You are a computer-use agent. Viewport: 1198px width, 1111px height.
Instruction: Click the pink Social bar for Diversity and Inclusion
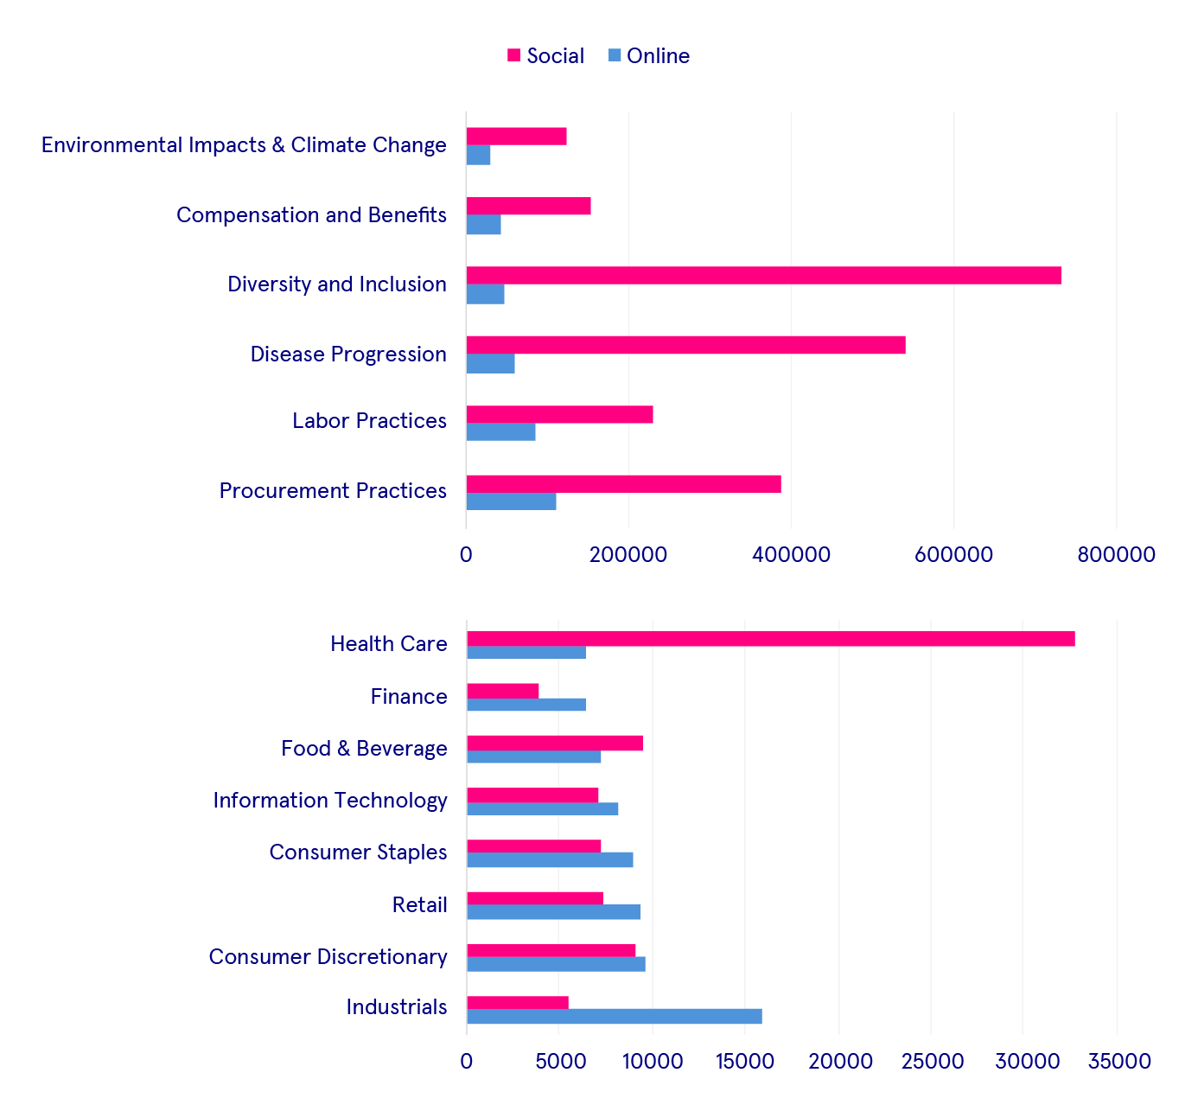(x=763, y=276)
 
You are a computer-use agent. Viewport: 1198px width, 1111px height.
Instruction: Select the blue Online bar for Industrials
(x=614, y=1017)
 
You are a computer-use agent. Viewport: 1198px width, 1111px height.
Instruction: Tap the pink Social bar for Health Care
(x=770, y=639)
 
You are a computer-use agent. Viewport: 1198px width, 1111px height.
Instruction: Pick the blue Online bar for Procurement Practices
(x=511, y=501)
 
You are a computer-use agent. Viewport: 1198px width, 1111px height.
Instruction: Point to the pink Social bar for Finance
(x=502, y=691)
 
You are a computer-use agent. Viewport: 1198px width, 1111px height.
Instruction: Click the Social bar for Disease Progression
(x=685, y=345)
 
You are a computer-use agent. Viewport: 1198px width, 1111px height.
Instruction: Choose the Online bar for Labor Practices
(x=500, y=432)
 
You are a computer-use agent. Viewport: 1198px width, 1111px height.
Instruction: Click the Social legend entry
(x=545, y=56)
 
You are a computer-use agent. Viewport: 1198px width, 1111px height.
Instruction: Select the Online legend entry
(x=649, y=56)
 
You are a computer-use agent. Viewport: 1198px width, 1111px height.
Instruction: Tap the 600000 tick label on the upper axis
(x=953, y=554)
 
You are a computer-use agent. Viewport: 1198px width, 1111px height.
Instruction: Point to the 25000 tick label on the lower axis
(x=930, y=1061)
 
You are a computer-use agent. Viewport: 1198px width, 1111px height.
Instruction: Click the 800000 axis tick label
(x=1116, y=554)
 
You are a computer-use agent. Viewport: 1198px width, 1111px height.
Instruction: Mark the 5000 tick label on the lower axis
(x=558, y=1061)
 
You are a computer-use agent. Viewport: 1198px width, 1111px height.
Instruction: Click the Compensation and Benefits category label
(x=311, y=215)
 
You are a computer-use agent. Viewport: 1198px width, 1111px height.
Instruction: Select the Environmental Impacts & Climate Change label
(x=244, y=145)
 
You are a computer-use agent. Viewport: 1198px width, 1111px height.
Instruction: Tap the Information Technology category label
(x=330, y=801)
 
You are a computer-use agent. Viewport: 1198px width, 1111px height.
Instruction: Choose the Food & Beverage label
(x=364, y=749)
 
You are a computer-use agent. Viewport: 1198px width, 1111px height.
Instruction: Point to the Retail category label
(x=419, y=905)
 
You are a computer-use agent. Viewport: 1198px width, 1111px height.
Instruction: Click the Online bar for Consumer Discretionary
(x=556, y=965)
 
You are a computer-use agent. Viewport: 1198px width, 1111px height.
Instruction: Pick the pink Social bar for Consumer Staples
(x=533, y=846)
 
